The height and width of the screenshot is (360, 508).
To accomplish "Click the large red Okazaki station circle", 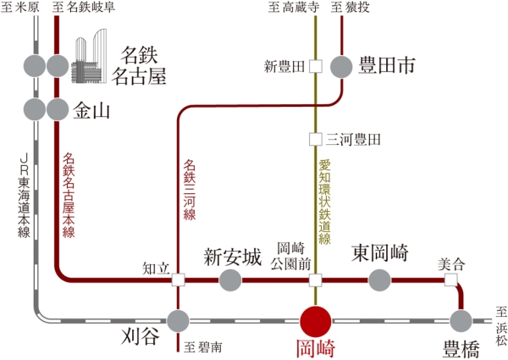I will click(x=316, y=321).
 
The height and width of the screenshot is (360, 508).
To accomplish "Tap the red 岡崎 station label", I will click(x=316, y=348).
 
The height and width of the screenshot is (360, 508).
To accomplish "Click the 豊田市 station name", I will click(x=385, y=65).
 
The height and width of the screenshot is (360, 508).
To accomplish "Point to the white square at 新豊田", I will click(x=316, y=66).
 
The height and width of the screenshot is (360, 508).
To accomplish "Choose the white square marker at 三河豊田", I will click(x=316, y=138).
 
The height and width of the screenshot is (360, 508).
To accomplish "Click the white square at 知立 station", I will click(x=178, y=279).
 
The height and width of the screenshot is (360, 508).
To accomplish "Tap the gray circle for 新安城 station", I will click(x=230, y=279).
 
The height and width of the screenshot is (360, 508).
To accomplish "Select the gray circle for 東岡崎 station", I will click(x=379, y=279).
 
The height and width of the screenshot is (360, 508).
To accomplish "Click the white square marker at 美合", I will click(x=450, y=279).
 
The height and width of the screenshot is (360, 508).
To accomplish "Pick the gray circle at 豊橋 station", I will click(x=461, y=321).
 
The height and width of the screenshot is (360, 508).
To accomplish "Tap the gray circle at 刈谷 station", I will click(x=178, y=321).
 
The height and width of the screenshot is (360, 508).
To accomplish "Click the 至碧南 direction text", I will click(x=205, y=346).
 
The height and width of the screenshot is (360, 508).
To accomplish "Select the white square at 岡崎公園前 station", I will click(x=316, y=279).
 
